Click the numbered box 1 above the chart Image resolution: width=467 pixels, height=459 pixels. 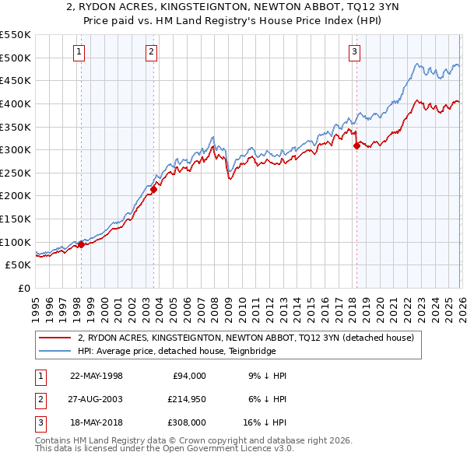click(80, 52)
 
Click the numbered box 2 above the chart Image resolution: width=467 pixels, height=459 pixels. click(151, 52)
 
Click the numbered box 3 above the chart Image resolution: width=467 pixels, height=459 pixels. click(354, 52)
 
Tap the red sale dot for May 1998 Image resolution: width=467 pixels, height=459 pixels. click(81, 244)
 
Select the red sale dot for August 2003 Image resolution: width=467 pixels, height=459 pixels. click(153, 188)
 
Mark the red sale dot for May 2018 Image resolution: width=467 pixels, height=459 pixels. click(356, 145)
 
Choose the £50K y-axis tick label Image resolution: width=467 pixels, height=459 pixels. click(19, 265)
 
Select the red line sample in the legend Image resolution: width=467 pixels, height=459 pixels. click(55, 338)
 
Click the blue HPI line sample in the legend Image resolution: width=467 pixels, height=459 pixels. click(55, 351)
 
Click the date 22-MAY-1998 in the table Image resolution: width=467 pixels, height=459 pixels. click(97, 376)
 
